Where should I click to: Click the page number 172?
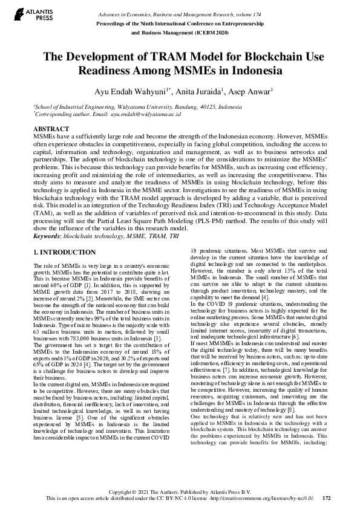(x=327, y=499)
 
